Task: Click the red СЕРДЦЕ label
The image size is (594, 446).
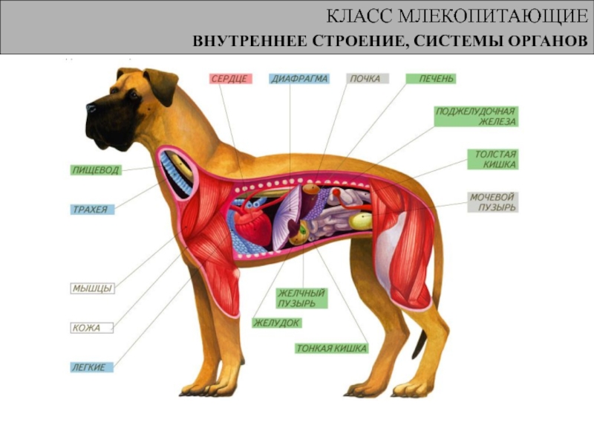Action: [x=229, y=78]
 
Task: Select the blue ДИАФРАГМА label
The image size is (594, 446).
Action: [x=298, y=78]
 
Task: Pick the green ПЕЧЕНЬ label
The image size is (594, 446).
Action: [x=431, y=78]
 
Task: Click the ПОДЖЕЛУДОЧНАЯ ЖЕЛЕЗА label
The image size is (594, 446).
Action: [x=476, y=116]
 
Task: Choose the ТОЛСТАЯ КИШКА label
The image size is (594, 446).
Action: [x=492, y=159]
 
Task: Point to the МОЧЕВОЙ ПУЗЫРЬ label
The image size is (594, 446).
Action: [x=492, y=202]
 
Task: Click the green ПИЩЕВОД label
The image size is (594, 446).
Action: [x=96, y=170]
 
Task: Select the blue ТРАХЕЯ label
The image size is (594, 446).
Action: [x=90, y=210]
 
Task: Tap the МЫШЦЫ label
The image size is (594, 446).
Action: [x=93, y=288]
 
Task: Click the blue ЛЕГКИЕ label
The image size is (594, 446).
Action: [x=92, y=366]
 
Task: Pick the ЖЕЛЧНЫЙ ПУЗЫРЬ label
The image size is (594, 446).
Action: [x=301, y=298]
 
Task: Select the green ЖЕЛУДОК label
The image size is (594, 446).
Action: [x=277, y=323]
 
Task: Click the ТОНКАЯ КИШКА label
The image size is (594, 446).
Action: [x=331, y=348]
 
